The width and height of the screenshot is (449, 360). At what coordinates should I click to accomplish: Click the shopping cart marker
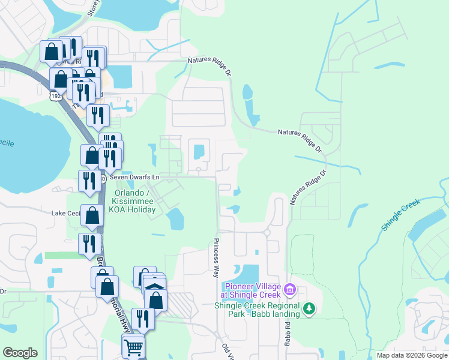(x=133, y=346)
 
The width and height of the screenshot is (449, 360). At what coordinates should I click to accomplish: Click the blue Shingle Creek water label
(x=402, y=213)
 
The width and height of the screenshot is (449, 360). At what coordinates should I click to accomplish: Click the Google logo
(x=20, y=352)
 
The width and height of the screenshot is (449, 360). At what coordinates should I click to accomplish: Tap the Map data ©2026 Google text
(x=412, y=355)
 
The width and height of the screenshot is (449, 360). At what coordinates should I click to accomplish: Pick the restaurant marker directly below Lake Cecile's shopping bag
(x=88, y=244)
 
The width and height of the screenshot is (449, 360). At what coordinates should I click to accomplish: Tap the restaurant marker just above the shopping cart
(x=143, y=318)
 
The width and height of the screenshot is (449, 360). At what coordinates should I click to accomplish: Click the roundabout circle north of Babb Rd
(x=267, y=232)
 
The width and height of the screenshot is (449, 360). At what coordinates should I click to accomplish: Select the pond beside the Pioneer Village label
(x=247, y=272)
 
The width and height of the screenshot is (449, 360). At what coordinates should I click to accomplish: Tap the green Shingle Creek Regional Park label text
(x=257, y=309)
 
